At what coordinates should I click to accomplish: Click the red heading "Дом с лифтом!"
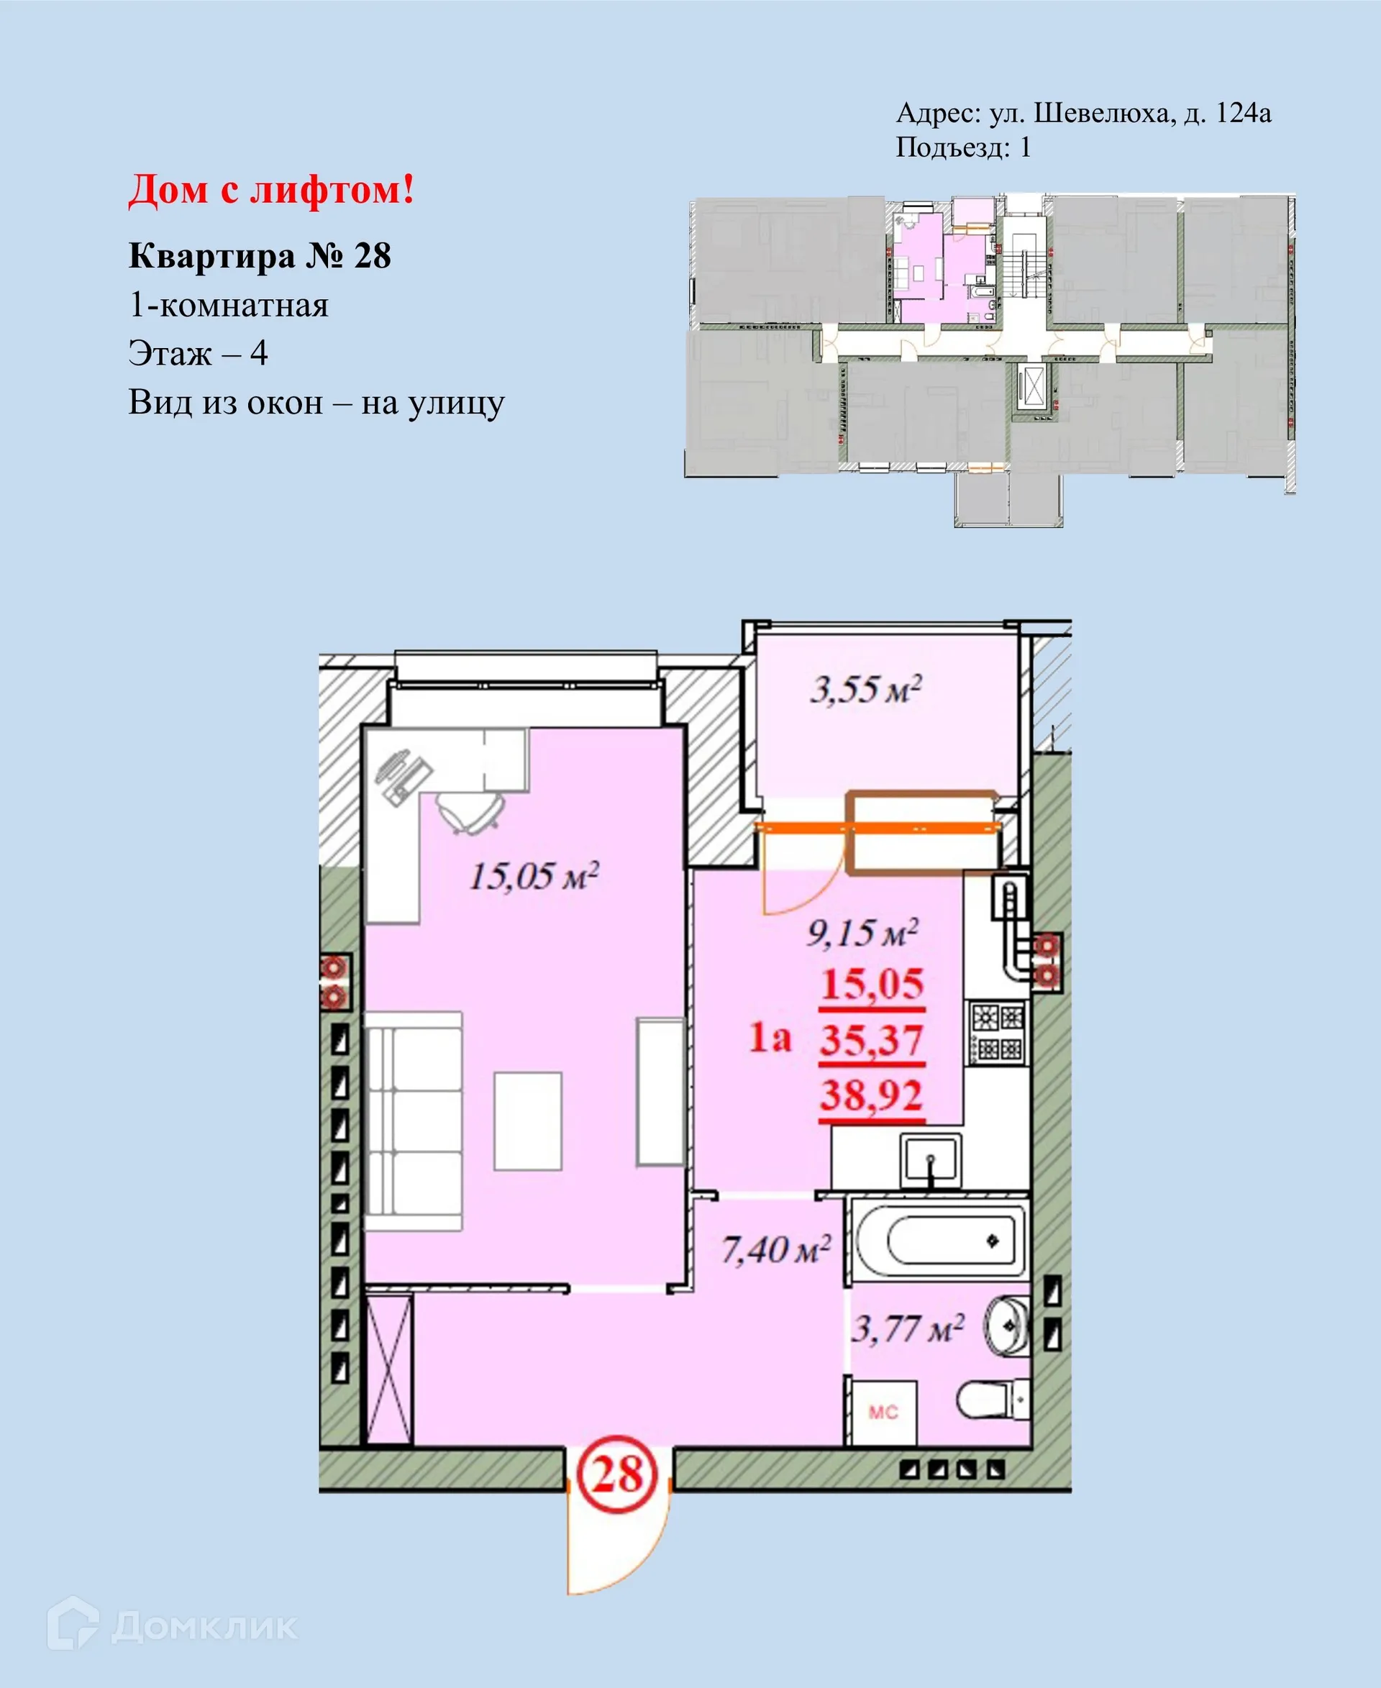[271, 191]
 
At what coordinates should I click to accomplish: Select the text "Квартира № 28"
[260, 256]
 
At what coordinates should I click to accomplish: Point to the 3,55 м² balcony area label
[865, 689]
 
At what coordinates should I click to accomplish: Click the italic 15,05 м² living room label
[534, 876]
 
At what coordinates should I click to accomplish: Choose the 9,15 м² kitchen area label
[863, 932]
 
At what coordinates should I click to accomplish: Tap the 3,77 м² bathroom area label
[908, 1328]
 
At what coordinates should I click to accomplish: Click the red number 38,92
[872, 1095]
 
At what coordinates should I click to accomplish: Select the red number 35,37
[872, 1040]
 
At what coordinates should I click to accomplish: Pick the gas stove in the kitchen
[995, 1033]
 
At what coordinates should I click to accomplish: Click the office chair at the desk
[470, 811]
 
